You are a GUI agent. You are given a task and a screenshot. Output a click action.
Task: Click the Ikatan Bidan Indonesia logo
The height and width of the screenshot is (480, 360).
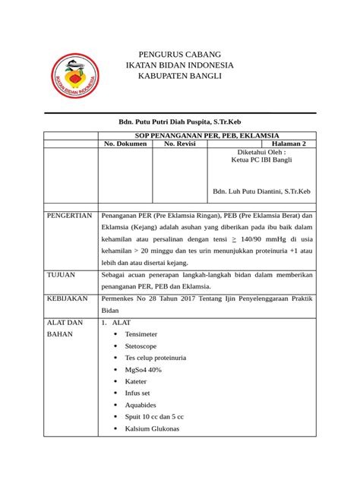[74, 79]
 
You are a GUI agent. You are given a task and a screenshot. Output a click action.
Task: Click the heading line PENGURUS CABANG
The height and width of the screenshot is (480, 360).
[179, 55]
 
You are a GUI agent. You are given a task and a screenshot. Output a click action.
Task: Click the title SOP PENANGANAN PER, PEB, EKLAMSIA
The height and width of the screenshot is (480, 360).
[206, 134]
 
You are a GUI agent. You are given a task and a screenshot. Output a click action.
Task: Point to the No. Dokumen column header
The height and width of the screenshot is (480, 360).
[125, 143]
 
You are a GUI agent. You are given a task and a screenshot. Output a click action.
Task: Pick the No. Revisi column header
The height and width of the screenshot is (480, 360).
[180, 143]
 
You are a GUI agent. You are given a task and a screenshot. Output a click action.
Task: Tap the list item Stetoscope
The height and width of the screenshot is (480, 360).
[142, 346]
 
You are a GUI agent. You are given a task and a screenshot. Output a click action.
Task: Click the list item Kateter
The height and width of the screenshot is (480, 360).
[137, 381]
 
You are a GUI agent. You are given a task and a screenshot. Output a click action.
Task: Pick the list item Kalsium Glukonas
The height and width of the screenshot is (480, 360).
[152, 429]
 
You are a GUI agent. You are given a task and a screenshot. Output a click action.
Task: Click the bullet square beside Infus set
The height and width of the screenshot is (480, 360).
[115, 393]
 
